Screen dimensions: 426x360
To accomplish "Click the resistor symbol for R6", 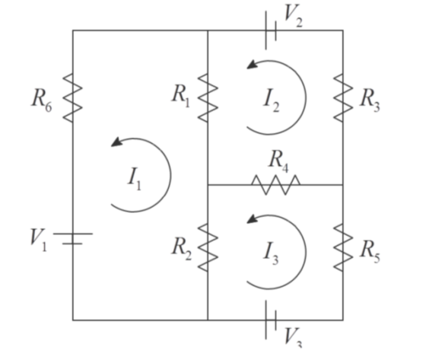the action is coord(72,98).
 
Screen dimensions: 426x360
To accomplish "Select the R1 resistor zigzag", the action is coord(208,98).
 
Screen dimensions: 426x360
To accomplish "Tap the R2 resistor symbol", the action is coord(208,247).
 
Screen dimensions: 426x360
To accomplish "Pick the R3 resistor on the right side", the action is coord(343,98).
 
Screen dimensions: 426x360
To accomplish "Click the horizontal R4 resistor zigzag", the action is coord(275,185).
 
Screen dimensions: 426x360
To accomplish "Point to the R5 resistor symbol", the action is coord(343,247).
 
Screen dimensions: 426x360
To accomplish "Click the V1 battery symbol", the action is coord(73,238).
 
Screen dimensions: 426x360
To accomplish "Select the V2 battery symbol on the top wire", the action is coord(271,30).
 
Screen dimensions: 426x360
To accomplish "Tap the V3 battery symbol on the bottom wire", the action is coord(271,320).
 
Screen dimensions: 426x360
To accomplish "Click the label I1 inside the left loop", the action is coord(135,179).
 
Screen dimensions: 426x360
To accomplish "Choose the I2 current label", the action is coord(271,101).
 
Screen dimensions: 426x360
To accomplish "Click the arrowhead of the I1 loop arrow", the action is coord(117,142).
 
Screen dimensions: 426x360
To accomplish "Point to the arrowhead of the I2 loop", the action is coord(252,65).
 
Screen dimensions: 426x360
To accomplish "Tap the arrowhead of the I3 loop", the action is coord(252,219).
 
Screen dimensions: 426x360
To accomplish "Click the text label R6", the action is coord(41,100).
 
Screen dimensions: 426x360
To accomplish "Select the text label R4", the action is coord(278,161).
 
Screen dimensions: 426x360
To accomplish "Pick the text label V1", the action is coord(39,240).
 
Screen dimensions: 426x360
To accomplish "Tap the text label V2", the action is coord(293,16).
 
